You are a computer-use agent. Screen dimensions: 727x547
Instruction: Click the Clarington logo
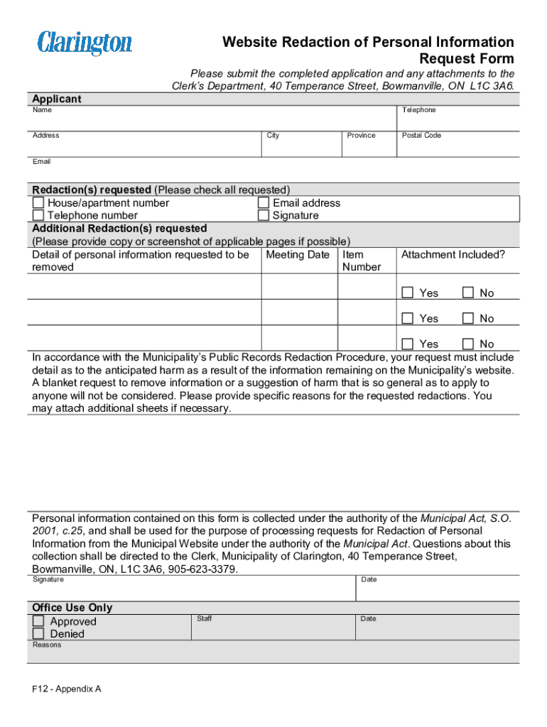85,43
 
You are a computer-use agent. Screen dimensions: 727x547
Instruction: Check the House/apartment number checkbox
38,203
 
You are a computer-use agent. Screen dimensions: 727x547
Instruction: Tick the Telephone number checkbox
38,216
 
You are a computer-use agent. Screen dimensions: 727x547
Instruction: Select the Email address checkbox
264,203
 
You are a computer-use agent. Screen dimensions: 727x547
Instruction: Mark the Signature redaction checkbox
264,216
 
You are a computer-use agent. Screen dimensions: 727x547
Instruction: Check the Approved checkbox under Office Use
38,621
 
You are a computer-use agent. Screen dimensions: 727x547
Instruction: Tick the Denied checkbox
38,634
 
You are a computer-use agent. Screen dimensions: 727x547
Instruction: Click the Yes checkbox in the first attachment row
408,293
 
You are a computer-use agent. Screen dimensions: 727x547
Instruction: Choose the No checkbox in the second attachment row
468,318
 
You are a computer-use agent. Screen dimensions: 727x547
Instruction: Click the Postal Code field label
421,136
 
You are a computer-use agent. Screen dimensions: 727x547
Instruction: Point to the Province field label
361,136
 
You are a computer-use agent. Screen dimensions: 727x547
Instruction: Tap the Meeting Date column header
298,255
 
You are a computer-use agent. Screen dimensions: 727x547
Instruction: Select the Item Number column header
361,261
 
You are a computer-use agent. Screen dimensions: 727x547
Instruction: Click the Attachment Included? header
453,255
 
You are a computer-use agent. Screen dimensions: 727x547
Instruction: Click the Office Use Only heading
72,608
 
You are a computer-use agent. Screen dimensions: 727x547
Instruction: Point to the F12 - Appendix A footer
66,689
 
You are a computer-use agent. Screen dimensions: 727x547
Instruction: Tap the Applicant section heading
57,99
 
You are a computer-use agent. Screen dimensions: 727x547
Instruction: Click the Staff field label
205,619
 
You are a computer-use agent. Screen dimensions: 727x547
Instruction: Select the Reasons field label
47,645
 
